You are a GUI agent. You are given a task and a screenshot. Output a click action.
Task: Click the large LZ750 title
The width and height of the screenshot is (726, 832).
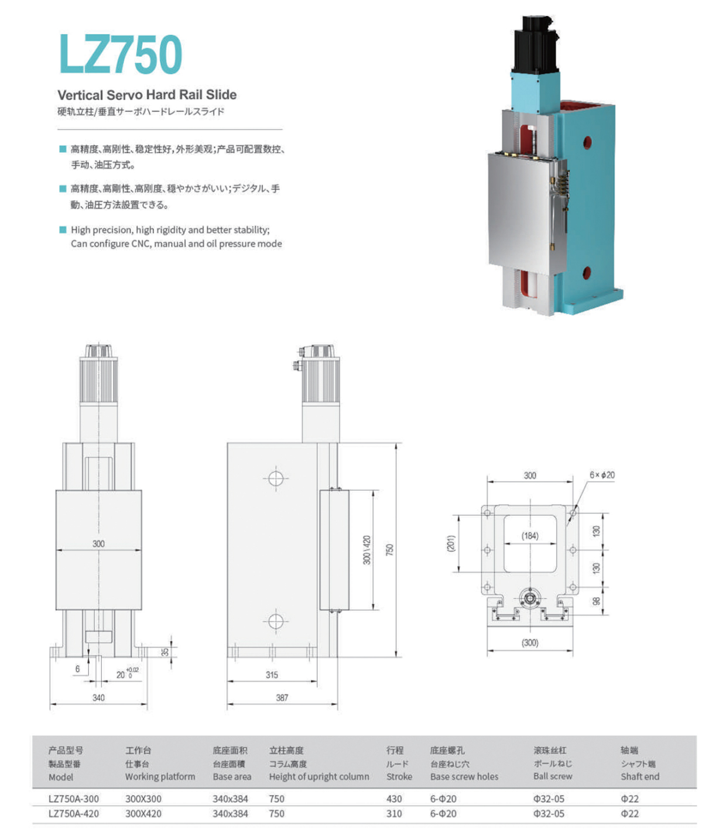click(121, 54)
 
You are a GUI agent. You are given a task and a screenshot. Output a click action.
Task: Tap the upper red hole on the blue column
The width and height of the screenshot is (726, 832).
click(587, 143)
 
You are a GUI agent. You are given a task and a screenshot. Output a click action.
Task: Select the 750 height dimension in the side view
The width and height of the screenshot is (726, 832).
click(389, 550)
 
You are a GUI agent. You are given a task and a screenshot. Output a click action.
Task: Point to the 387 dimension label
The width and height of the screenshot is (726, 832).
click(282, 698)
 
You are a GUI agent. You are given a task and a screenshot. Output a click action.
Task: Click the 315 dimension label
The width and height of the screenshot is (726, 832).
click(272, 675)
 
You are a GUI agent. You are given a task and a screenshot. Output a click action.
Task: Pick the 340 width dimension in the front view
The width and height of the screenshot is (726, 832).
click(99, 698)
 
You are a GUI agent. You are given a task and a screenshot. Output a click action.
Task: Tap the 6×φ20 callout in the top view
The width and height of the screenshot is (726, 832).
click(602, 475)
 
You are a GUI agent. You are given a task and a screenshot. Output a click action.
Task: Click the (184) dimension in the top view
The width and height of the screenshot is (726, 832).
click(530, 536)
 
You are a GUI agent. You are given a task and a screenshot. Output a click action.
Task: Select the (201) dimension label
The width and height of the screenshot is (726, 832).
click(451, 544)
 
